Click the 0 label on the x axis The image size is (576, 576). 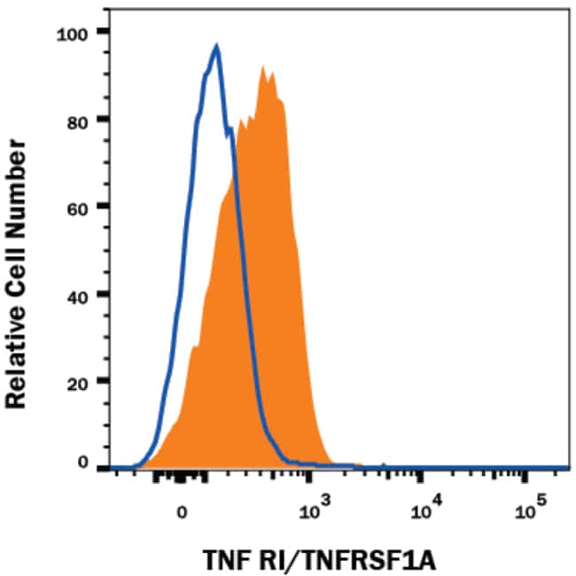[182, 511]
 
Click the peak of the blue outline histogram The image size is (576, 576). [215, 46]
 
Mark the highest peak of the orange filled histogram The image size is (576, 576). [264, 66]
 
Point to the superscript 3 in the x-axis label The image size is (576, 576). [325, 503]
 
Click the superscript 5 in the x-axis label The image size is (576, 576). [541, 503]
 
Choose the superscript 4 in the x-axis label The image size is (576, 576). [435, 503]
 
